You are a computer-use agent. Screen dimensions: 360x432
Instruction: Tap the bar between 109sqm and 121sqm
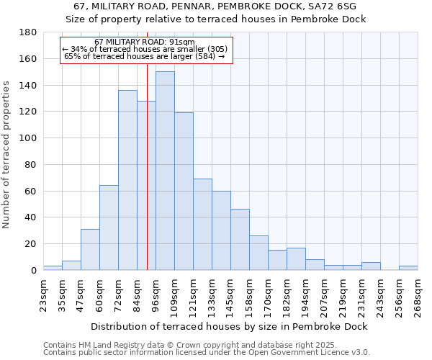pyautogui.click(x=184, y=191)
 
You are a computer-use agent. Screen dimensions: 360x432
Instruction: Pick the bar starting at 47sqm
pyautogui.click(x=90, y=249)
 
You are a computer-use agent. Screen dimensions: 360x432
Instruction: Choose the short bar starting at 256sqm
pyautogui.click(x=408, y=268)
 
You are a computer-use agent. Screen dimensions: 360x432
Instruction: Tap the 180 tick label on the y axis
pyautogui.click(x=28, y=32)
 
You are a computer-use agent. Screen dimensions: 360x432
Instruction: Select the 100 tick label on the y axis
pyautogui.click(x=28, y=138)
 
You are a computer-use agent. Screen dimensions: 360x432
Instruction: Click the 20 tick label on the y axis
pyautogui.click(x=31, y=244)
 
